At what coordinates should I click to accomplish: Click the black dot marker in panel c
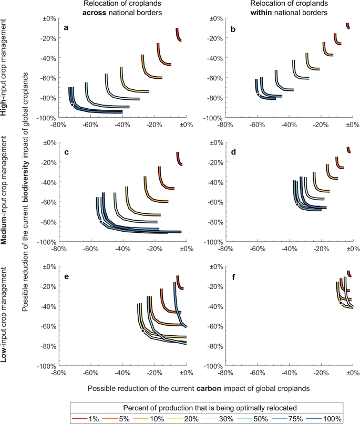[101, 222]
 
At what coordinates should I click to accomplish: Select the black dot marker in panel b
[258, 95]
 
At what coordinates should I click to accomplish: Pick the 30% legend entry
[225, 419]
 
